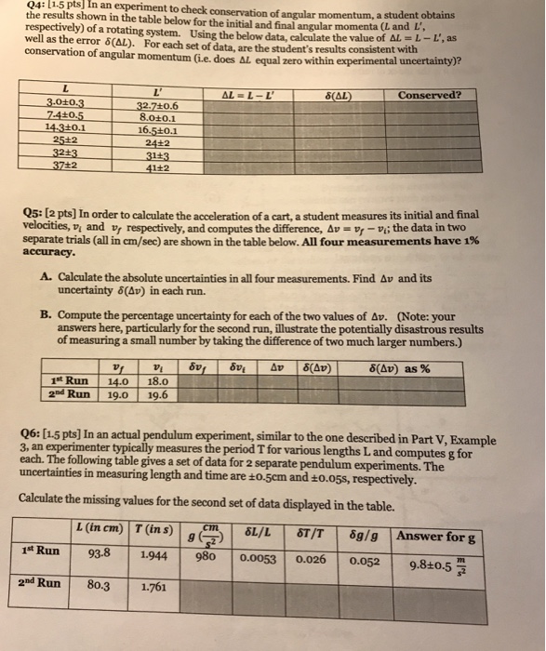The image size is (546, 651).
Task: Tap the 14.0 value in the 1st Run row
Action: point(119,379)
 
